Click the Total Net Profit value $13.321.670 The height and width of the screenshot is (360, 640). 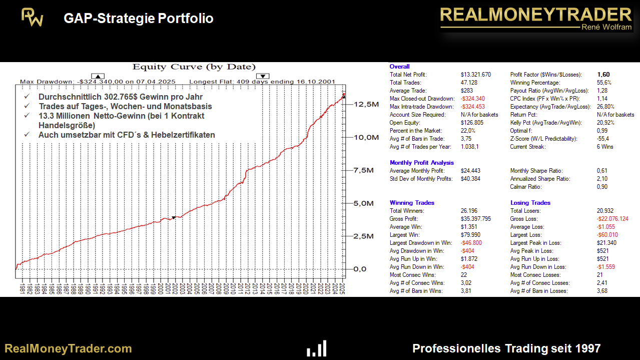(x=475, y=75)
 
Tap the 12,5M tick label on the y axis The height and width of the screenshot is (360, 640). (x=365, y=105)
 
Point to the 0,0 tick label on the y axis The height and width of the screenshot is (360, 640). (x=364, y=269)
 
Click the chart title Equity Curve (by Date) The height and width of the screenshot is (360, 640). (x=194, y=67)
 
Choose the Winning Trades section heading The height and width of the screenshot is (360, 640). (x=412, y=203)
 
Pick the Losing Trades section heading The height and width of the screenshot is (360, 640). (x=530, y=203)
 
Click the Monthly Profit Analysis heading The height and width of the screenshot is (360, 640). (x=422, y=163)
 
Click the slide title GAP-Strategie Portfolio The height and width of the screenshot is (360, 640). (x=139, y=19)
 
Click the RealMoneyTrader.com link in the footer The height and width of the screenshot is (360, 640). (x=68, y=348)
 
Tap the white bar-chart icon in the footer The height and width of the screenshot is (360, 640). (x=317, y=348)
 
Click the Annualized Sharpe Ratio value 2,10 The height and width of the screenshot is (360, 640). (x=602, y=179)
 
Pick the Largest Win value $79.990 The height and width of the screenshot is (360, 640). (x=472, y=235)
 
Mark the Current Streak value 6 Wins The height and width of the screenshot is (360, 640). (x=605, y=147)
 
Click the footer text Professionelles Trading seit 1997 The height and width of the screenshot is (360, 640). (x=506, y=348)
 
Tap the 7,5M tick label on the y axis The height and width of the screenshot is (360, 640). (x=363, y=170)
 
